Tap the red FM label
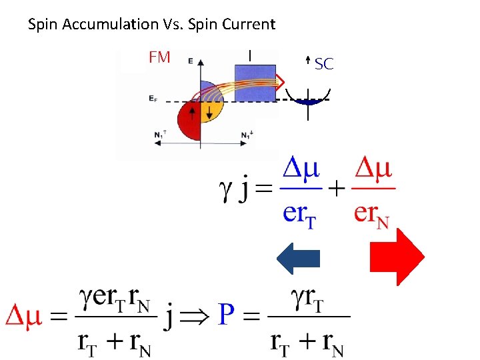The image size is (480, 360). (x=159, y=58)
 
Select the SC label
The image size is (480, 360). (x=324, y=64)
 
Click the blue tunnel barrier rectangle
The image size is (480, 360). (x=254, y=81)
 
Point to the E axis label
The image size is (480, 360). (x=191, y=61)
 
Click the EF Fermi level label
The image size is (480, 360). (x=154, y=99)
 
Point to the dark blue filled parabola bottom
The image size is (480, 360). (x=307, y=102)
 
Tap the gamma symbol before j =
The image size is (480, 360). (x=226, y=191)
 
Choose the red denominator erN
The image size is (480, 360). (x=372, y=213)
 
